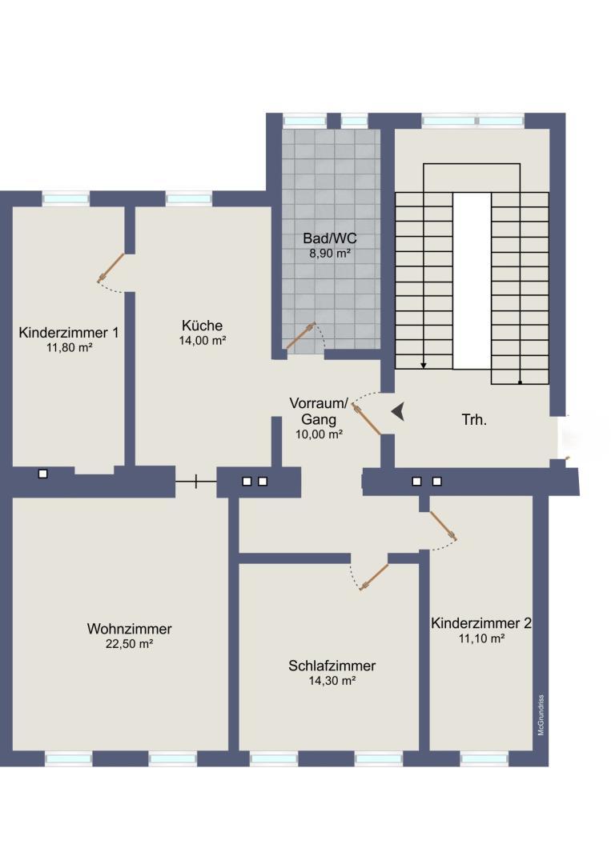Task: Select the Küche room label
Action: click(202, 325)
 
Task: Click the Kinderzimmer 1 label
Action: click(69, 332)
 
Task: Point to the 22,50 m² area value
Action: click(130, 644)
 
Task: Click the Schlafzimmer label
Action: click(332, 666)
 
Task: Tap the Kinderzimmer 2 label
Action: click(481, 623)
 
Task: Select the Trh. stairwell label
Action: click(474, 419)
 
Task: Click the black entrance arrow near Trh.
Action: click(398, 412)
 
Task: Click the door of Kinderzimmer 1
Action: click(111, 267)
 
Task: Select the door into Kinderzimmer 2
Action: click(443, 526)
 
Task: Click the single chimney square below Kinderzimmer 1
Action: click(43, 474)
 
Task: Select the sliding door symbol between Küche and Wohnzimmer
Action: click(195, 482)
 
